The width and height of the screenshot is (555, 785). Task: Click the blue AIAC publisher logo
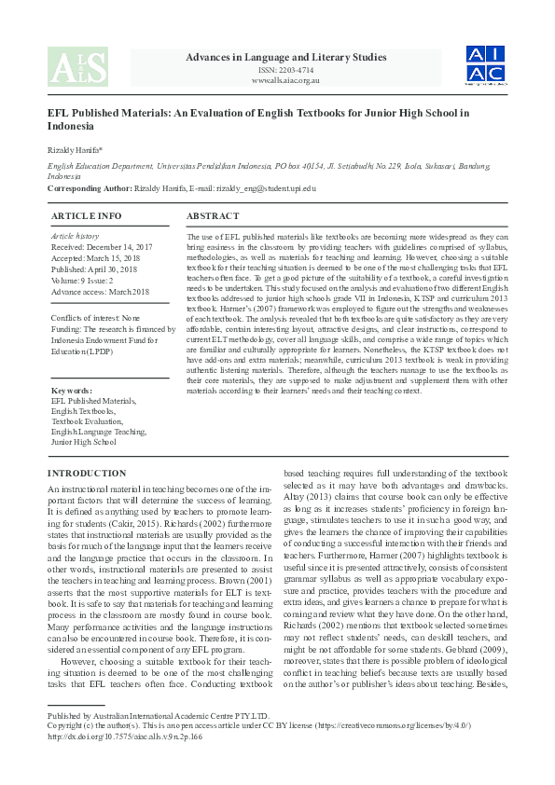[x=486, y=64]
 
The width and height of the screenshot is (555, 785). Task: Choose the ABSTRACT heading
[x=214, y=215]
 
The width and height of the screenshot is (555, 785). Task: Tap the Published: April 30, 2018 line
[x=94, y=269]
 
